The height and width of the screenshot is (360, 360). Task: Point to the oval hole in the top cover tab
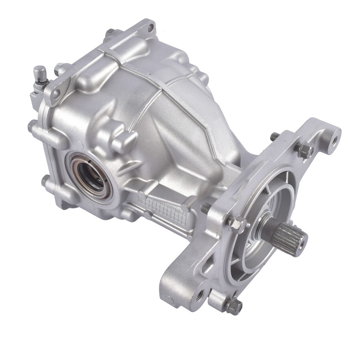(x=151, y=27)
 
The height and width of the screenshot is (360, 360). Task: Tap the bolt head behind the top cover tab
(x=109, y=33)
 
